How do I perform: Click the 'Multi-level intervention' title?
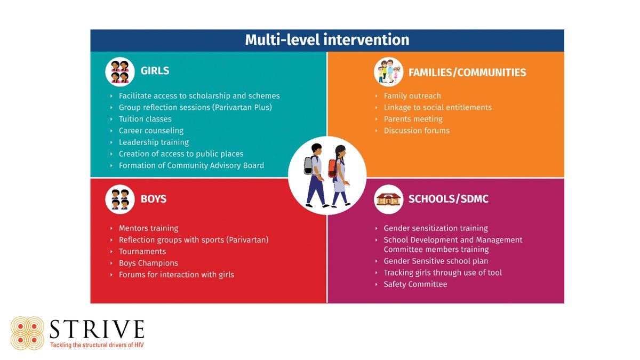(x=327, y=40)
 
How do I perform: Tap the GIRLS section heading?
(x=155, y=71)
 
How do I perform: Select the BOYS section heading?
(x=154, y=199)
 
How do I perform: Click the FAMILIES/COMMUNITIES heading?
(x=467, y=72)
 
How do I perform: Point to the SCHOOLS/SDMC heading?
(x=448, y=199)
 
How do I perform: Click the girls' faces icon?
(x=119, y=71)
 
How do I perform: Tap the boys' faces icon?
(x=119, y=199)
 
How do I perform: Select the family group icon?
(x=388, y=72)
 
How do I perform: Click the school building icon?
(x=388, y=199)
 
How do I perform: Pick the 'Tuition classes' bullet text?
(x=145, y=119)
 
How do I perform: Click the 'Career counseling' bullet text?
(x=151, y=131)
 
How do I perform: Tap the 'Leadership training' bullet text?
(x=154, y=142)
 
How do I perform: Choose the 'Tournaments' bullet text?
(x=142, y=251)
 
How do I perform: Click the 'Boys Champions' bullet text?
(x=148, y=263)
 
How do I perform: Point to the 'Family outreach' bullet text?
(x=412, y=96)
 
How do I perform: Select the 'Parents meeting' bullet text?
(x=413, y=119)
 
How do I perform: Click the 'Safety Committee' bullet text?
(x=415, y=284)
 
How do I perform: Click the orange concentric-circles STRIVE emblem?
(x=28, y=333)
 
